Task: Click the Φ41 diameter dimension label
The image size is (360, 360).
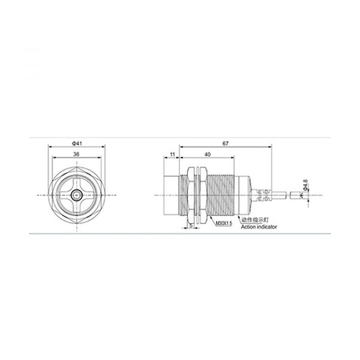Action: click(x=76, y=143)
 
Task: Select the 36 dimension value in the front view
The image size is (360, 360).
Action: click(x=76, y=154)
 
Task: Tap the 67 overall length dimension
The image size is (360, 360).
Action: click(x=225, y=143)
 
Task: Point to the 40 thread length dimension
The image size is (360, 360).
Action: click(x=207, y=154)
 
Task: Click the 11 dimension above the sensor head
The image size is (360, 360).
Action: click(x=172, y=154)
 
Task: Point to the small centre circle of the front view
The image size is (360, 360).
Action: click(x=76, y=195)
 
